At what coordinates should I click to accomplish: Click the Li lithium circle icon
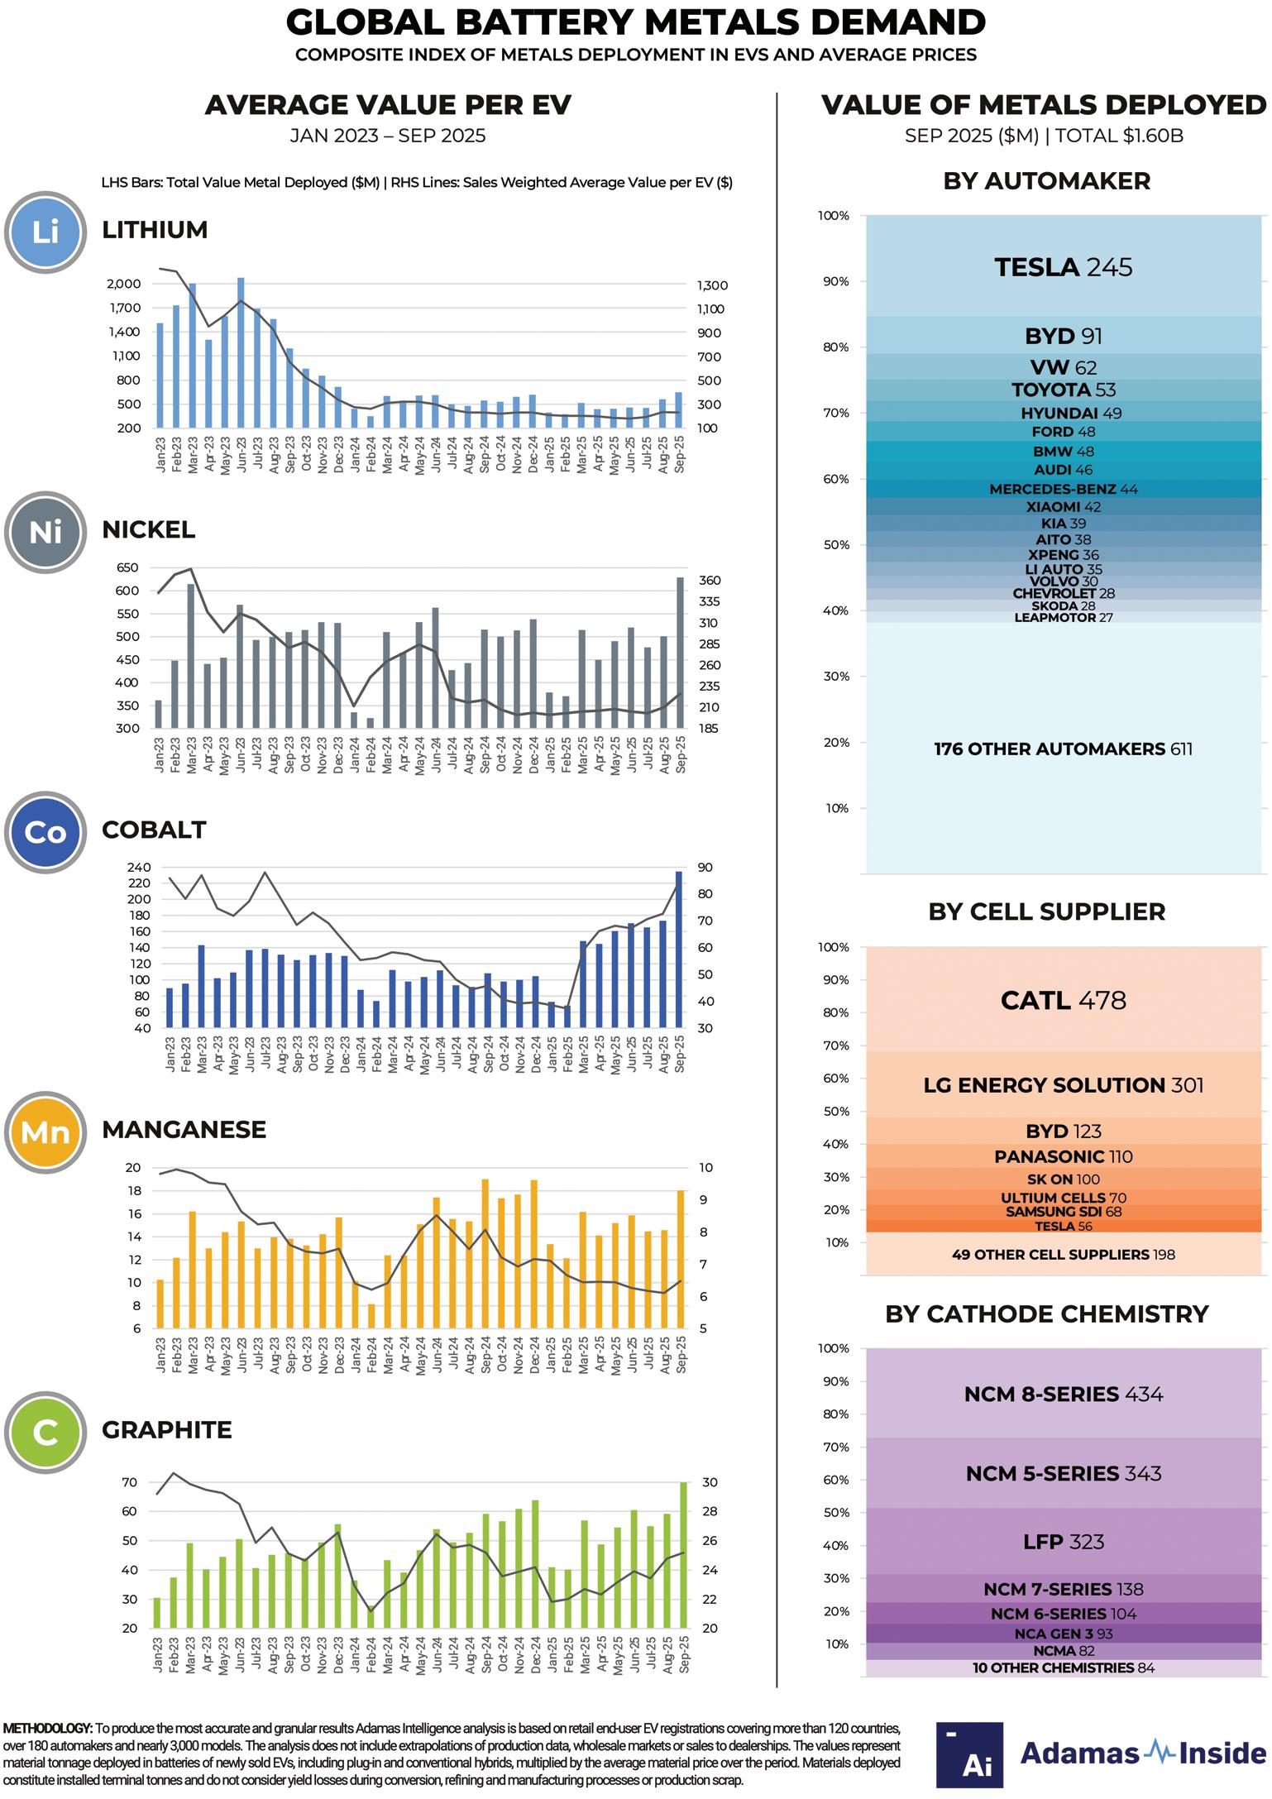(x=45, y=232)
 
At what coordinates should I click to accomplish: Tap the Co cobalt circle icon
(x=45, y=831)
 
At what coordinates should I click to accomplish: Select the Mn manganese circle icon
(x=45, y=1132)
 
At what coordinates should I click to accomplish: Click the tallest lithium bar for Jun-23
(x=241, y=352)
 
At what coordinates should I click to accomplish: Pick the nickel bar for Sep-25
(x=680, y=653)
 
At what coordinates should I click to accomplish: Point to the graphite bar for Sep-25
(x=683, y=1554)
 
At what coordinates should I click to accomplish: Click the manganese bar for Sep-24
(x=485, y=1254)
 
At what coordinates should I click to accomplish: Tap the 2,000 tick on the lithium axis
(x=124, y=284)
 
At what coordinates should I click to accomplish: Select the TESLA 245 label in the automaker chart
(x=1063, y=267)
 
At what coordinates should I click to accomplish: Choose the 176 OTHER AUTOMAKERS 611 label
(x=1063, y=749)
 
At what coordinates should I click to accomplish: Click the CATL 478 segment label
(x=1063, y=1000)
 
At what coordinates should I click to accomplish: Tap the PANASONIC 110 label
(x=1063, y=1156)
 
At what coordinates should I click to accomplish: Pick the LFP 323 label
(x=1063, y=1542)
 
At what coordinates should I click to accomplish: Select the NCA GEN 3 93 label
(x=1063, y=1634)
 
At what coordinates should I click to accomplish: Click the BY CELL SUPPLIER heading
(x=1046, y=911)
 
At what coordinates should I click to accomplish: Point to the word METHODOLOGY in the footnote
(x=47, y=1729)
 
